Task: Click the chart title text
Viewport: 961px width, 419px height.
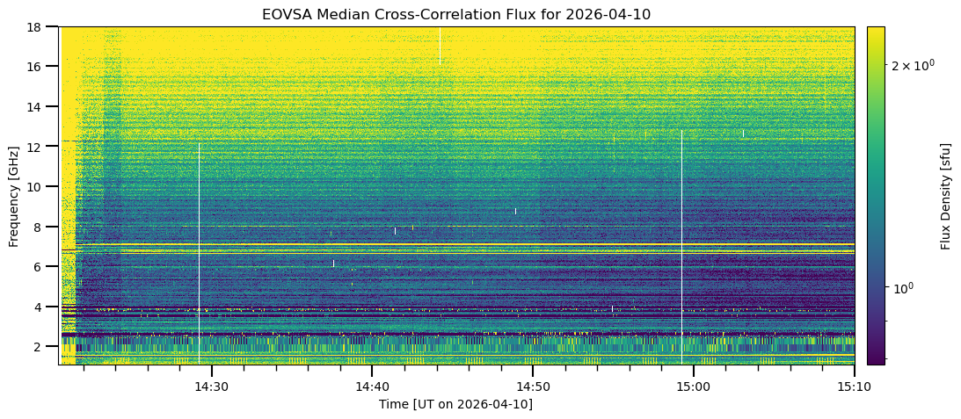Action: click(x=455, y=14)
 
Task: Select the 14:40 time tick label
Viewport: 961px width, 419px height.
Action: click(x=372, y=386)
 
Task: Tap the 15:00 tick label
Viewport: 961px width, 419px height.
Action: click(x=693, y=386)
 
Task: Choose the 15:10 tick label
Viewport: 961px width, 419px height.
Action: click(x=854, y=386)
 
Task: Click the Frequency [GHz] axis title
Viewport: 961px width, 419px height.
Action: click(x=14, y=195)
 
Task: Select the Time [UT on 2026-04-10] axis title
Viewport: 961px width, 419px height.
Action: click(x=455, y=404)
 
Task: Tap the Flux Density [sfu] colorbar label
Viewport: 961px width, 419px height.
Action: click(x=946, y=195)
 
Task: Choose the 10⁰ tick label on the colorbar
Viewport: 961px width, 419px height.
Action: click(x=903, y=288)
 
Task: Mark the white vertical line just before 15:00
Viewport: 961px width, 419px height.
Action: click(x=681, y=246)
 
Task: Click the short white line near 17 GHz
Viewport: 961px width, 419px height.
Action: click(x=440, y=46)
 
